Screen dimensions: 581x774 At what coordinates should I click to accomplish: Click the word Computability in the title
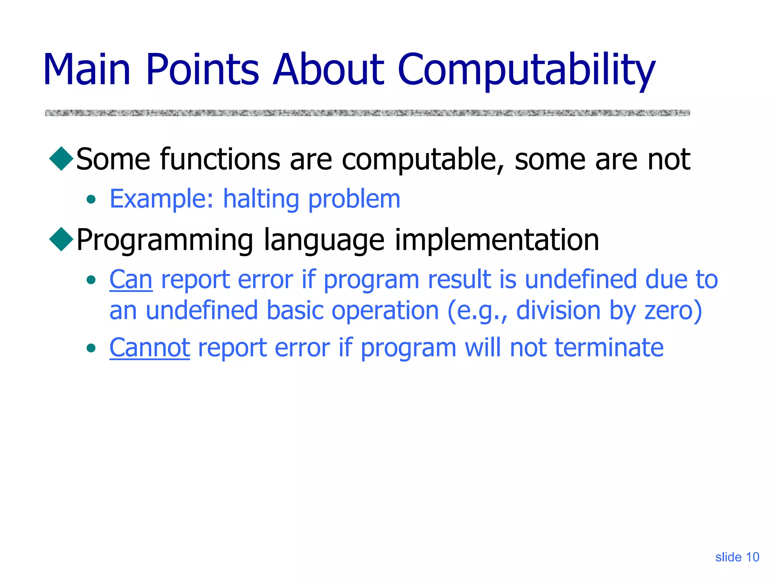click(526, 70)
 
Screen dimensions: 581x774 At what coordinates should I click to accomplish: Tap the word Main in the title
click(87, 70)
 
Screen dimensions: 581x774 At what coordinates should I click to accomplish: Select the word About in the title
click(328, 70)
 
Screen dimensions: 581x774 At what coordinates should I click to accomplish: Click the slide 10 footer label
click(737, 557)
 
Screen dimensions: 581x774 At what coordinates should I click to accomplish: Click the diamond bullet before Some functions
click(61, 158)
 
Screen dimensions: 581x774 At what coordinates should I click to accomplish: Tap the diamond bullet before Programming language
click(61, 239)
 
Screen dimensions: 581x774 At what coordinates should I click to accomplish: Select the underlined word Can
click(131, 280)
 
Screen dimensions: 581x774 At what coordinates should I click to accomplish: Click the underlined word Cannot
click(149, 348)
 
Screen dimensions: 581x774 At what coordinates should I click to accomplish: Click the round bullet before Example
click(91, 199)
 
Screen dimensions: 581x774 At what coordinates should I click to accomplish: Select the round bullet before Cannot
click(91, 348)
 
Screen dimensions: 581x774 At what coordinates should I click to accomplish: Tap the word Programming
click(165, 241)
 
